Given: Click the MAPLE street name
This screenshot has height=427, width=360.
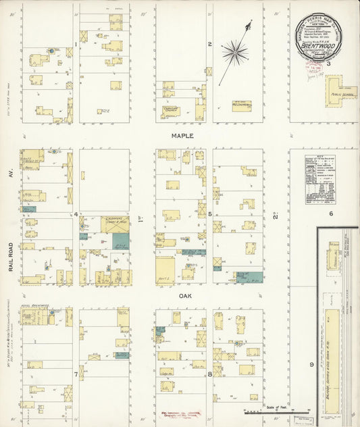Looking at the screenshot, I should pyautogui.click(x=182, y=136).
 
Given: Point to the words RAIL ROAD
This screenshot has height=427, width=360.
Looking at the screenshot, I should pyautogui.click(x=12, y=257).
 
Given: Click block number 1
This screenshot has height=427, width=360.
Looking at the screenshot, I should pyautogui.click(x=75, y=46).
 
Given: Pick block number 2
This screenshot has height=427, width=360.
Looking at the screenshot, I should pyautogui.click(x=210, y=45).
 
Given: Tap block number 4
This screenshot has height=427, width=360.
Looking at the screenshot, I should pyautogui.click(x=76, y=214).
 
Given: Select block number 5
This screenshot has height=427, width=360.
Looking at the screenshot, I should pyautogui.click(x=210, y=214).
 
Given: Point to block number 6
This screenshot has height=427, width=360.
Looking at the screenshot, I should pyautogui.click(x=331, y=214).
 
